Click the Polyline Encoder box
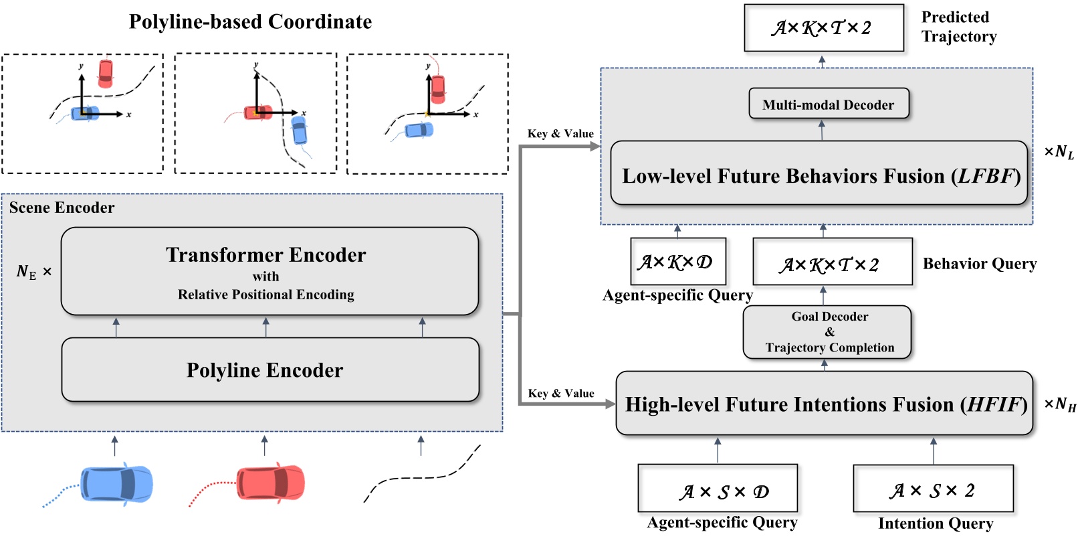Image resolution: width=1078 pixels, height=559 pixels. click(x=270, y=370)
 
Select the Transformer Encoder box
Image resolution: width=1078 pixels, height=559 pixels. click(x=269, y=271)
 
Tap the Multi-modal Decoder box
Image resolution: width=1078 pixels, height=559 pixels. click(x=829, y=104)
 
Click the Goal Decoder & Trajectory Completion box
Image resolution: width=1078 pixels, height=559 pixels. click(x=827, y=332)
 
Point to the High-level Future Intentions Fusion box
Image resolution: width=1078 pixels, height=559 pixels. click(x=824, y=404)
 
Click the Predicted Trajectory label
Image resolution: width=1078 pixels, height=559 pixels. click(x=958, y=27)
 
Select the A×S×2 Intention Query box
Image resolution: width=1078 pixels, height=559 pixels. click(x=933, y=489)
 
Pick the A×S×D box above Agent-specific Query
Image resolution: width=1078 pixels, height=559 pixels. click(x=718, y=489)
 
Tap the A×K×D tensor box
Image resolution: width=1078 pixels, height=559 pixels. click(x=677, y=262)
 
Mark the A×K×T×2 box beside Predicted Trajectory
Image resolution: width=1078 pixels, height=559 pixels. click(x=823, y=28)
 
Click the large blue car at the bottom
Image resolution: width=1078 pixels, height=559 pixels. click(x=116, y=483)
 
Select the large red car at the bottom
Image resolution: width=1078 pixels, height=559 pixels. click(x=270, y=483)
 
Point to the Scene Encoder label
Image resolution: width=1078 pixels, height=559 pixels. click(x=62, y=208)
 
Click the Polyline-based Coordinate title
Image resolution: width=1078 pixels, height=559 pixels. click(x=250, y=21)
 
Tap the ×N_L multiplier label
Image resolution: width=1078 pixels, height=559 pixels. click(x=1059, y=153)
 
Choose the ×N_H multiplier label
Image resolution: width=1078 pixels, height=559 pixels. click(x=1060, y=404)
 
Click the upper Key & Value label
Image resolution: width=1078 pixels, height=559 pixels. click(x=560, y=134)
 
